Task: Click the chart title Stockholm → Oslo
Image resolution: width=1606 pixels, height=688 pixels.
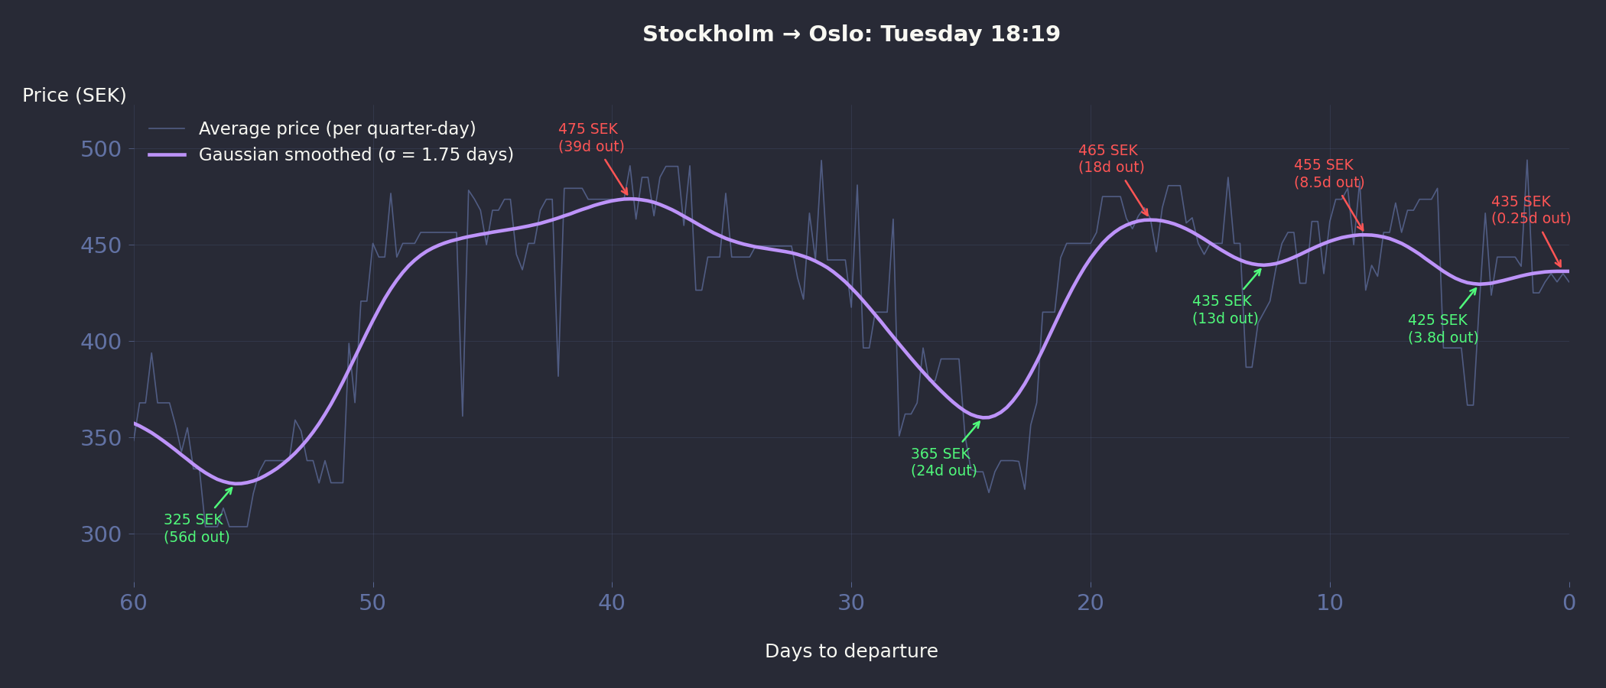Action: pos(851,34)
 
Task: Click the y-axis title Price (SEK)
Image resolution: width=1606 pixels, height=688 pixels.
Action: pos(74,96)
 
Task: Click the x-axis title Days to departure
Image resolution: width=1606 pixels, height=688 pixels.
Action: pos(851,651)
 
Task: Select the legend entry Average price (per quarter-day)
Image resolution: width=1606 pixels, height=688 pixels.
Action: pos(336,128)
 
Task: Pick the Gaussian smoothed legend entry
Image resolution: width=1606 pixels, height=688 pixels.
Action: pos(356,154)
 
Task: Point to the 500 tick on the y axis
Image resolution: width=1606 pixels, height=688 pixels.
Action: pos(101,149)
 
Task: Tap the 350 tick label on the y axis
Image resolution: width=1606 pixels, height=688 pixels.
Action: pos(101,438)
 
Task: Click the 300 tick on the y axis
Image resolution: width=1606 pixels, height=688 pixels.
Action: pos(101,534)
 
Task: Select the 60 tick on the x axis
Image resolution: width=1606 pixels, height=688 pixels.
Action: pos(134,603)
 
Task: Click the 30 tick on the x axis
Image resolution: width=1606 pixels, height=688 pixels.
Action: pos(851,603)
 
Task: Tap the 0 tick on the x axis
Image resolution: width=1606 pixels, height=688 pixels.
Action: pos(1569,603)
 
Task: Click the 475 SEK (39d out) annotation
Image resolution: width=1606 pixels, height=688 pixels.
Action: pos(591,138)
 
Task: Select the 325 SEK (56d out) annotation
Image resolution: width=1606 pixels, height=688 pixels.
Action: pos(197,528)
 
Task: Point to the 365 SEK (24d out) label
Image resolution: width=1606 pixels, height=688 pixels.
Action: pos(944,462)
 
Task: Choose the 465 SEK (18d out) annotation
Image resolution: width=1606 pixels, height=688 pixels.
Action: pos(1111,159)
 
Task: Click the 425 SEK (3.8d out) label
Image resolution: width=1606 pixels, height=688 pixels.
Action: pos(1443,329)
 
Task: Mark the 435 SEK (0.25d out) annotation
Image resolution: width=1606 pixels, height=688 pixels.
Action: pos(1531,210)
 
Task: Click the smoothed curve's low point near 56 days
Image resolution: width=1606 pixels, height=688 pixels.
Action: pos(239,483)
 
